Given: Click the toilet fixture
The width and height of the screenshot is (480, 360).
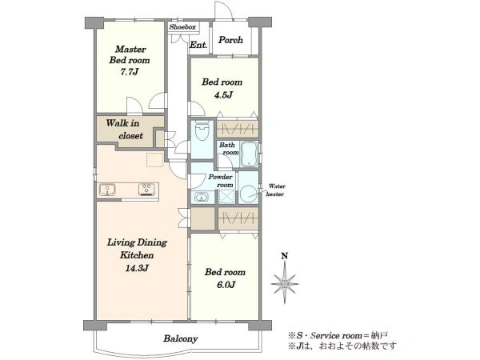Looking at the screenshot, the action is coord(202,130).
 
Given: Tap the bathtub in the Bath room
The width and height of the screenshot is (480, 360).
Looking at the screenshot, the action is coord(249,154).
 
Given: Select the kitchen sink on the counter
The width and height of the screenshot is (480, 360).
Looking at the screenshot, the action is coord(107,190).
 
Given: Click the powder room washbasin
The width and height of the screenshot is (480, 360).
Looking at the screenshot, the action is coord(201,197).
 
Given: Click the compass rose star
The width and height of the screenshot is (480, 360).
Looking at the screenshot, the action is coord(285,283).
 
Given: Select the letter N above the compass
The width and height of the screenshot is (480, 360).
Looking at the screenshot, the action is coord(285,256).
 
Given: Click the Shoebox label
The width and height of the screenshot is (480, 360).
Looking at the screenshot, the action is coord(182,27).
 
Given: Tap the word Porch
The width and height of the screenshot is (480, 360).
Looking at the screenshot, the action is coord(230,40).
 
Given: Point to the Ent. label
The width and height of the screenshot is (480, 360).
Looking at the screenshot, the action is coord(198,45).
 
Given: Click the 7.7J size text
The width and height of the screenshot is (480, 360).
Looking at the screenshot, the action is coord(129,72).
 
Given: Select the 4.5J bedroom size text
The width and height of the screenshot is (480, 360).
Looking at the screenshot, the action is coord(223,95).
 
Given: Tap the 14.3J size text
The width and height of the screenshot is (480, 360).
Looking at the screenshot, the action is coord(137,268).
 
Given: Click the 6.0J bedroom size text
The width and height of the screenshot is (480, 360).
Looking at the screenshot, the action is coord(226,285).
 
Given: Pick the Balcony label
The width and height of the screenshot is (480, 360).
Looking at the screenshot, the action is coord(180,338).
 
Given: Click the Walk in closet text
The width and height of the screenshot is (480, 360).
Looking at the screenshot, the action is coord(125,129).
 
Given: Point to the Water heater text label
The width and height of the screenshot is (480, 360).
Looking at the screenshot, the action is coord(276,190).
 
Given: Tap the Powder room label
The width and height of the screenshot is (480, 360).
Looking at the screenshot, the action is coord(221,181).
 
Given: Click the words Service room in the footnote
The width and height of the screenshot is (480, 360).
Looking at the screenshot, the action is coord(336,335).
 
